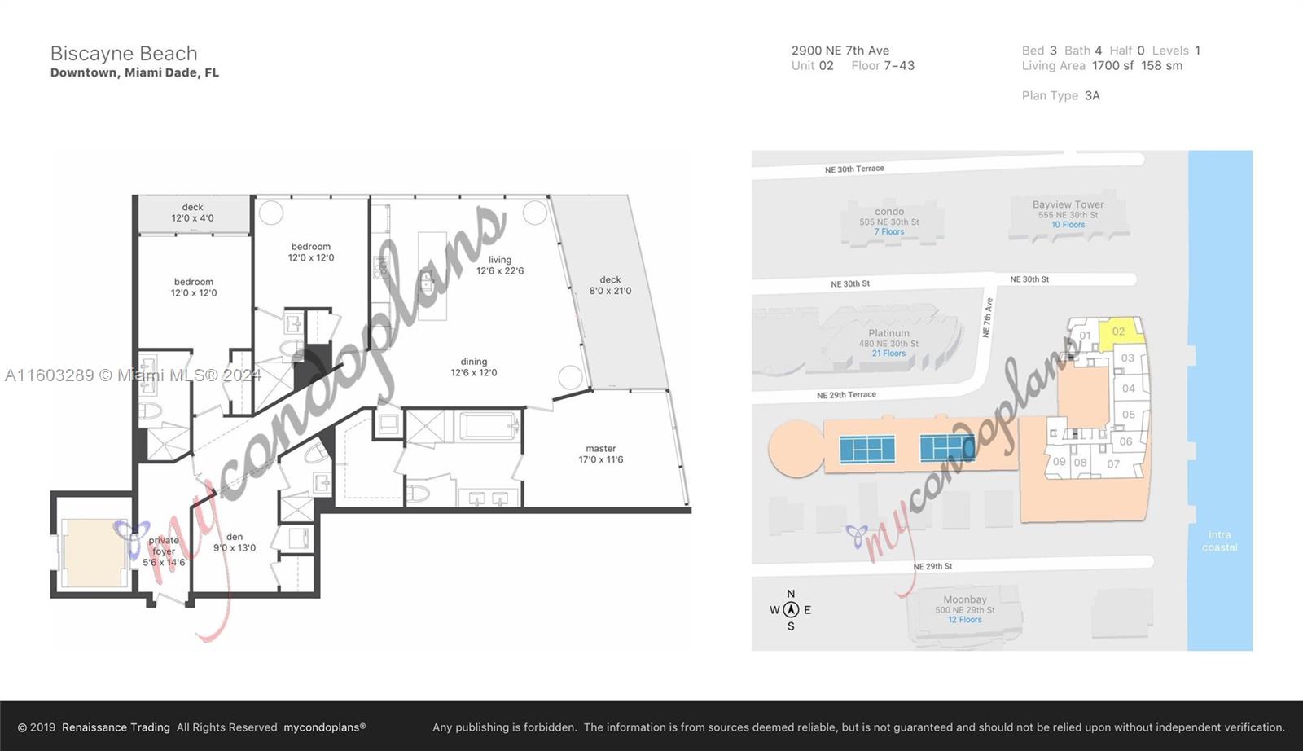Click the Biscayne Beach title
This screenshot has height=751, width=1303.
point(124,54)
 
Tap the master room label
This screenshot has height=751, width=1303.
point(601,454)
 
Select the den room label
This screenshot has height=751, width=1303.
point(235,542)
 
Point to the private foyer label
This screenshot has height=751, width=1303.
point(164,551)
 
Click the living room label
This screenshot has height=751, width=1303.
point(500,266)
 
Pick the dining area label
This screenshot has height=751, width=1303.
point(474,367)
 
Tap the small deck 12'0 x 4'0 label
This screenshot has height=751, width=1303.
point(193,213)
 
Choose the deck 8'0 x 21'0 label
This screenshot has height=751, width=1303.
point(610,285)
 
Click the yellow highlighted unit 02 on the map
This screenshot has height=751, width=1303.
point(1119,332)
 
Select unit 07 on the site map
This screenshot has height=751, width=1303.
point(1113,464)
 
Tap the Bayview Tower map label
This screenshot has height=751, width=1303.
point(1068,205)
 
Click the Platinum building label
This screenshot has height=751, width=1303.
point(888,333)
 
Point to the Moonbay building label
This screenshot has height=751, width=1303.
point(965,600)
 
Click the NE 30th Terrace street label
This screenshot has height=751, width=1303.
point(854,169)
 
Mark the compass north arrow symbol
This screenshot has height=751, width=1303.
point(791,609)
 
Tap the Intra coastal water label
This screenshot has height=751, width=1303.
point(1219,541)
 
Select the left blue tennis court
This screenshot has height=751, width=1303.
point(867,449)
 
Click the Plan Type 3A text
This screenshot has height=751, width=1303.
point(1060,96)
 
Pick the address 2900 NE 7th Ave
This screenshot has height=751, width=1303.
point(840,51)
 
